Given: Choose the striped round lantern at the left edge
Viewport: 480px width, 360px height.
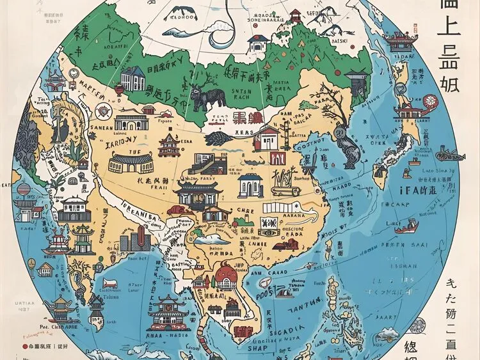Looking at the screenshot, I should pyautogui.click(x=23, y=189).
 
